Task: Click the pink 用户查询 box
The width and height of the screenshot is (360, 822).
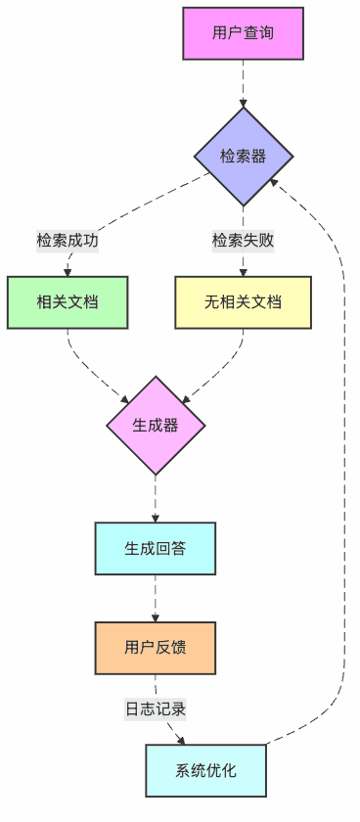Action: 243,33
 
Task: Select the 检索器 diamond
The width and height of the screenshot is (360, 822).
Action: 243,157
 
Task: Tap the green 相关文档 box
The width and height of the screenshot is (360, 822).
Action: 67,301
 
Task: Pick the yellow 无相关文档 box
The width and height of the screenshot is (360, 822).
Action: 243,301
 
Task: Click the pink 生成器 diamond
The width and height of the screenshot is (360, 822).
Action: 156,425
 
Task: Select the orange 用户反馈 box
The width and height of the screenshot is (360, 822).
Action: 156,647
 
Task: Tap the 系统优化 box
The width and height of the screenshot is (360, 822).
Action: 205,769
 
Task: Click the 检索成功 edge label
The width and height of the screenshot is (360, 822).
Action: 67,240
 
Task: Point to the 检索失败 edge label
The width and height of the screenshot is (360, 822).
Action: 243,240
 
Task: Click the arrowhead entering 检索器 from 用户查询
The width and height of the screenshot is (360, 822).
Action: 243,101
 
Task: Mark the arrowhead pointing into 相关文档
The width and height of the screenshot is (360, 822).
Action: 67,271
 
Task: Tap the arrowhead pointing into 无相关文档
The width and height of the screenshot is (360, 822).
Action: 243,271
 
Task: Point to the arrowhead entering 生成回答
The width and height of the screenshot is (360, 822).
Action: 156,518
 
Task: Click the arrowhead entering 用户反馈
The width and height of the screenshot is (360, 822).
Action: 156,616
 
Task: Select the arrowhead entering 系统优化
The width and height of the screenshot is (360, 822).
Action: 182,740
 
